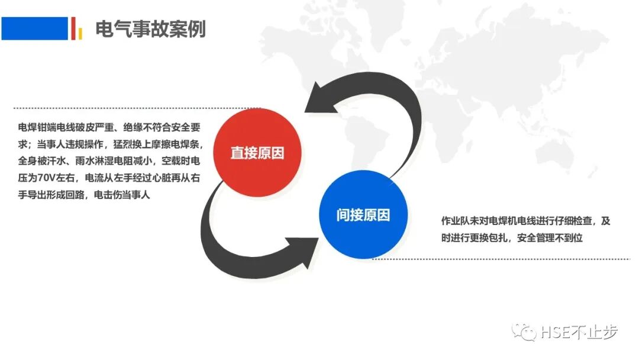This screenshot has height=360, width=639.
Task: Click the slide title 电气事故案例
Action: pyautogui.click(x=150, y=28)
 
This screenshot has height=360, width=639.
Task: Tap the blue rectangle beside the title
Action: pyautogui.click(x=34, y=28)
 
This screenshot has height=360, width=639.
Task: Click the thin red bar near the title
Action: pyautogui.click(x=73, y=28)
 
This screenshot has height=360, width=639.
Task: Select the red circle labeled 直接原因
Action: pyautogui.click(x=257, y=153)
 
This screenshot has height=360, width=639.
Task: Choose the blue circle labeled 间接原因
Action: pyautogui.click(x=363, y=215)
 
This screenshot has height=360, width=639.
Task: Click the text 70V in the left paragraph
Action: pyautogui.click(x=48, y=178)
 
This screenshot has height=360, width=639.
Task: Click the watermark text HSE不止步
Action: pyautogui.click(x=579, y=332)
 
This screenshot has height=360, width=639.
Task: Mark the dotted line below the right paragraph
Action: pyautogui.click(x=503, y=259)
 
